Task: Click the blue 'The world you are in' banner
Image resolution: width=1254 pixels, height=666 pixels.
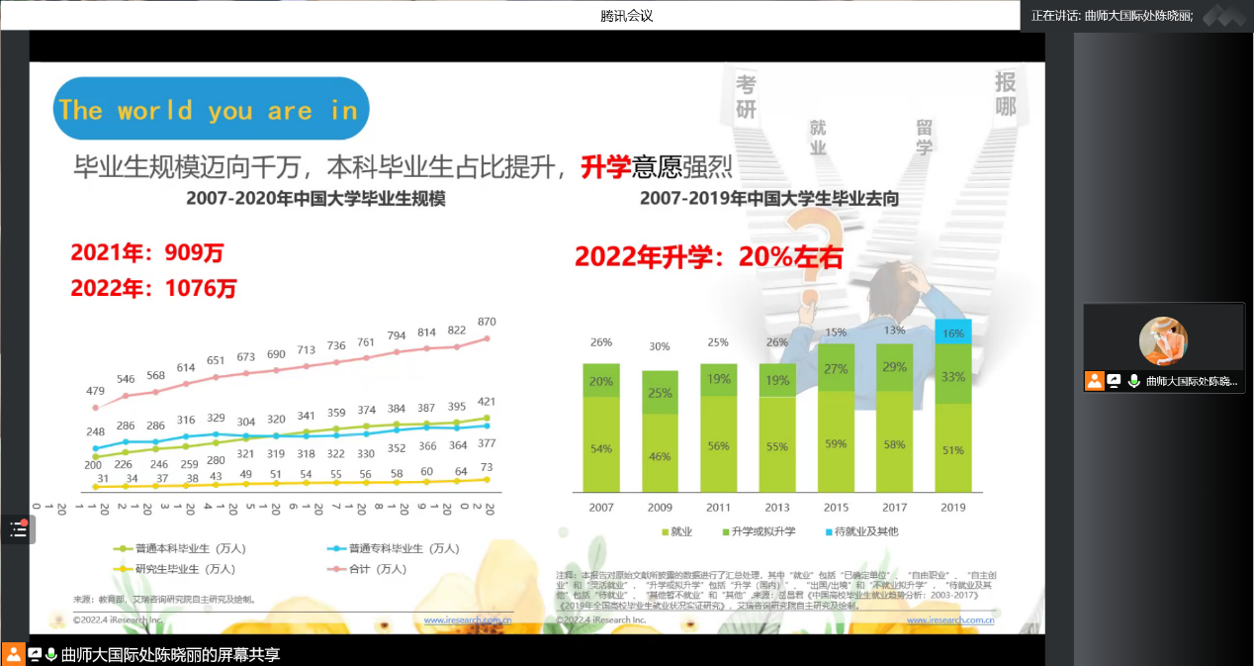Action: pos(210,109)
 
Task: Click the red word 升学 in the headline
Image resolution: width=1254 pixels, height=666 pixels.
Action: pos(605,165)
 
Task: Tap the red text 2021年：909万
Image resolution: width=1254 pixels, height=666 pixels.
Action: pos(147,253)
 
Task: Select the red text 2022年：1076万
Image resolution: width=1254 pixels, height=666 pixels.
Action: pos(153,289)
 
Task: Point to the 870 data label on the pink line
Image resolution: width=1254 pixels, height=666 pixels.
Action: pos(486,323)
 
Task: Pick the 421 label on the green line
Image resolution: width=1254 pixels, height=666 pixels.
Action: pos(486,402)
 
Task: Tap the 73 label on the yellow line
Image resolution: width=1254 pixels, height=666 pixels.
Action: pos(486,467)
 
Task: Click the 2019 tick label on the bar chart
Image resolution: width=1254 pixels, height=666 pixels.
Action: pos(953,508)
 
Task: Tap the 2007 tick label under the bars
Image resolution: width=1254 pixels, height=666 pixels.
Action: pos(600,508)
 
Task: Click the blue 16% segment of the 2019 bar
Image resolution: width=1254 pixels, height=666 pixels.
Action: pos(953,333)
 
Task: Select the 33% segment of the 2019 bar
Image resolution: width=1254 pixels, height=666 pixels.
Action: pos(953,377)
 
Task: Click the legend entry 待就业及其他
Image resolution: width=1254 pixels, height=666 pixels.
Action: pos(861,532)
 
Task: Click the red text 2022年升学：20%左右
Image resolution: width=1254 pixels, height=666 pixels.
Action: pos(709,257)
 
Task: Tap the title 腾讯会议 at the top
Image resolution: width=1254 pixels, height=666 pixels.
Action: pos(627,16)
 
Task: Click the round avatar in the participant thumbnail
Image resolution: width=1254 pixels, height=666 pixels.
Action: pos(1163,341)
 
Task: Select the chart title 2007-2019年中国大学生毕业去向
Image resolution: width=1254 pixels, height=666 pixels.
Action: pos(768,199)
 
